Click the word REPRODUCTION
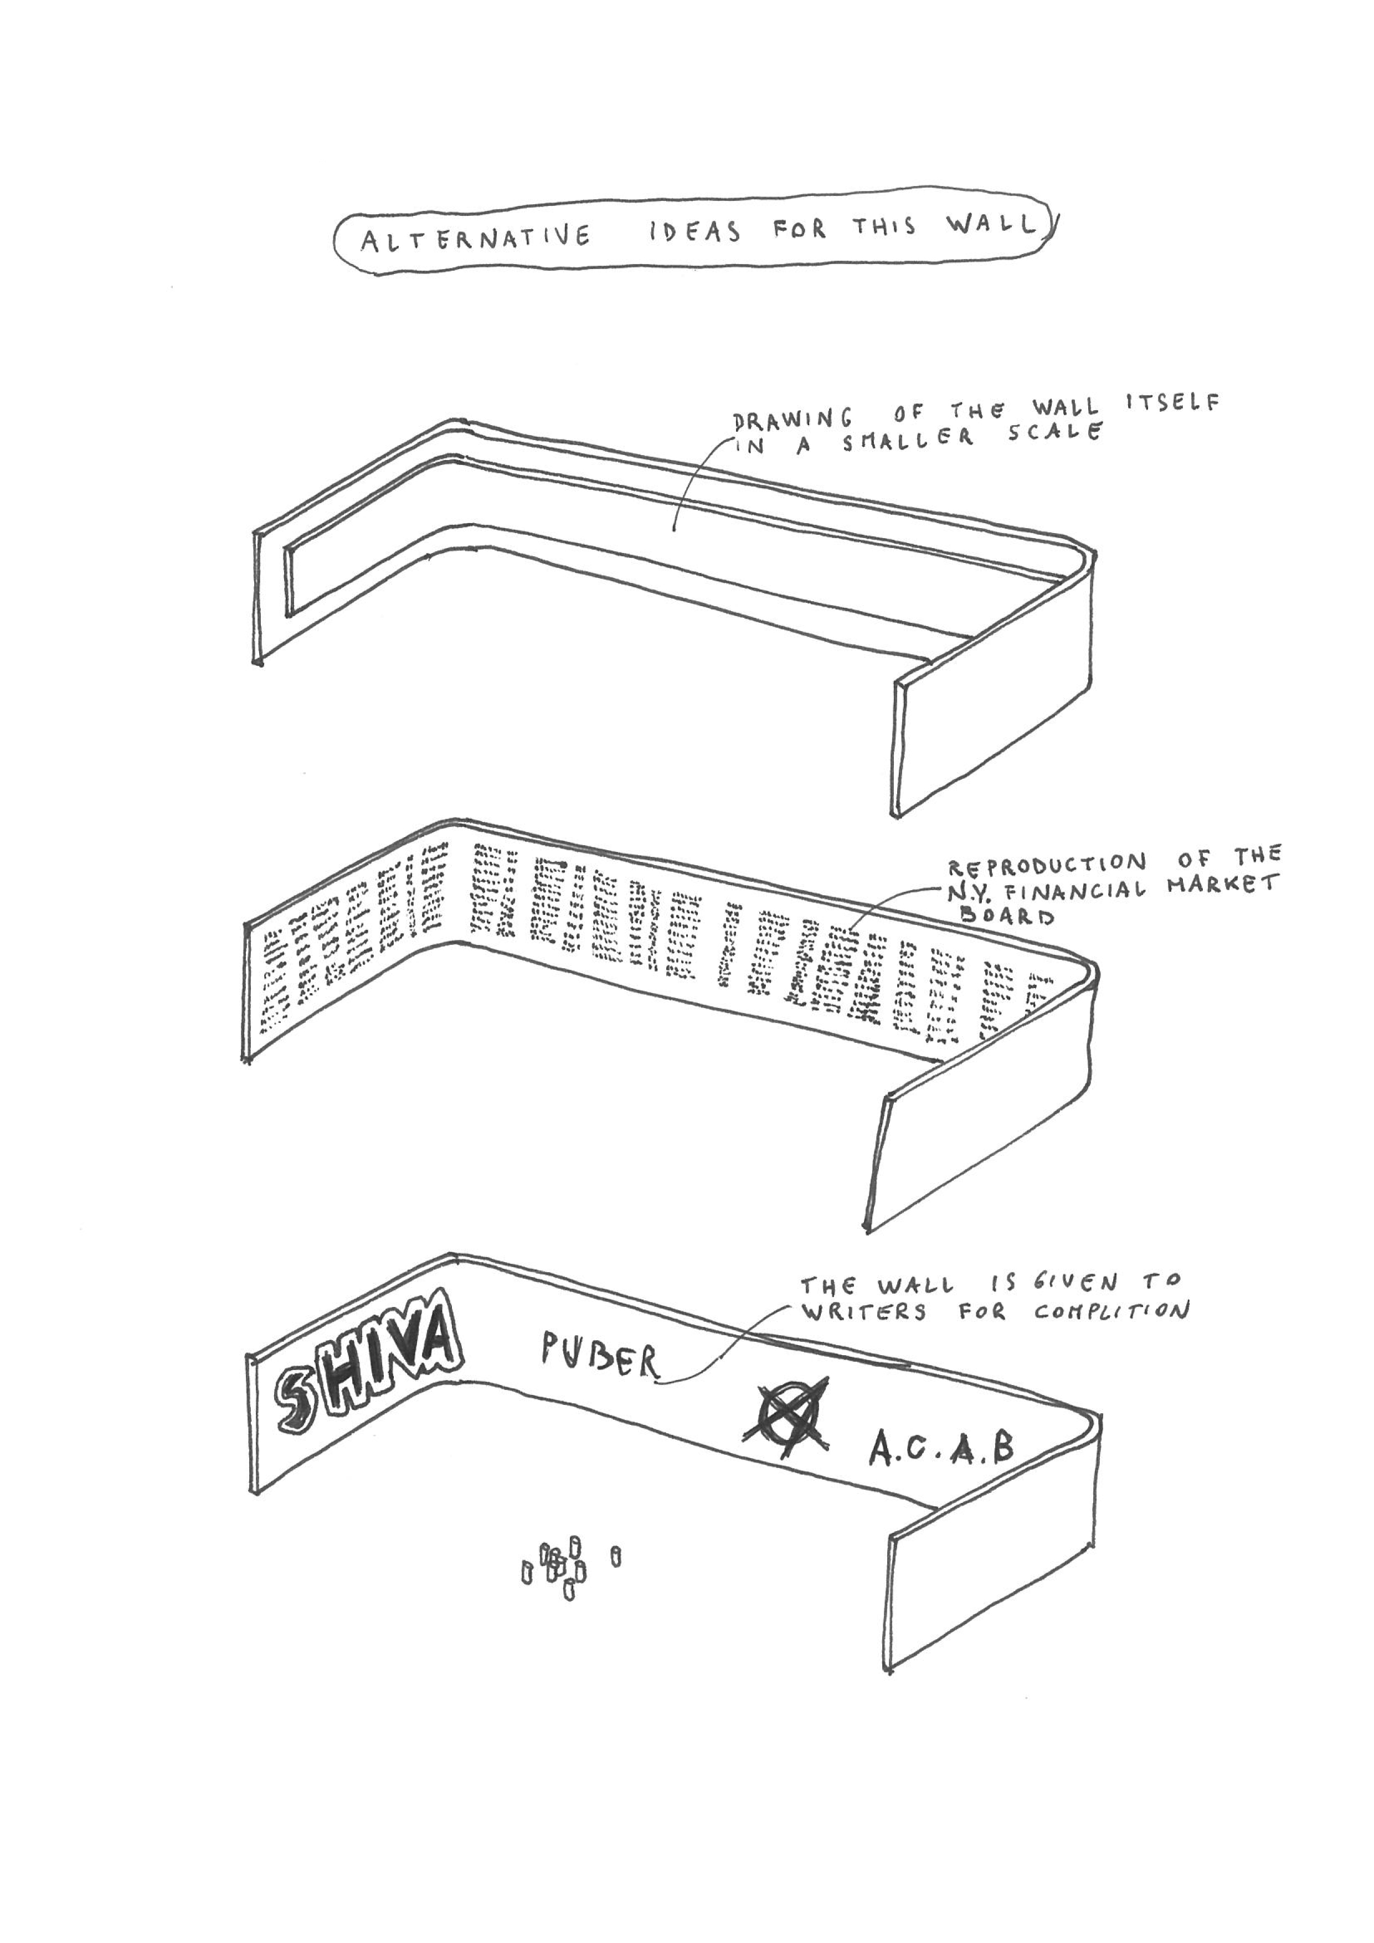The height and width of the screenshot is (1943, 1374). pos(1046,865)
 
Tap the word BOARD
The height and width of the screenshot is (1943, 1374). pos(1007,915)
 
